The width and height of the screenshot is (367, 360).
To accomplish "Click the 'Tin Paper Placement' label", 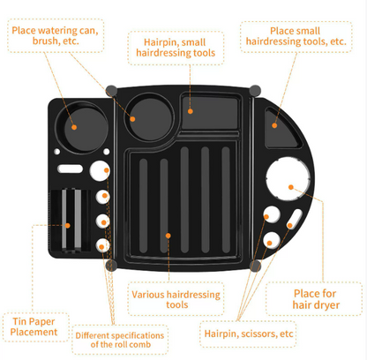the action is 34,326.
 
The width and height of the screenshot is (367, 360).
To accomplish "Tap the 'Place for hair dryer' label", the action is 316,299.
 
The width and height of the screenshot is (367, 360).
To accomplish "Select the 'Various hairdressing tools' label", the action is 176,299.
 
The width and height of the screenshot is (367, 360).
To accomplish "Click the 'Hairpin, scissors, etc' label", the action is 249,334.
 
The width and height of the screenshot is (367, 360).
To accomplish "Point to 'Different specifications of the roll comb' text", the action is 120,340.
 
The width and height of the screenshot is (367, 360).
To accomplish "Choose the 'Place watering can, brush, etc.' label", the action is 55,35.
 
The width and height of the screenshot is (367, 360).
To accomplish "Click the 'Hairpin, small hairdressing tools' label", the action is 176,48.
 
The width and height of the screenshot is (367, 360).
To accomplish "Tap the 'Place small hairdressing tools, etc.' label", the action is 296,36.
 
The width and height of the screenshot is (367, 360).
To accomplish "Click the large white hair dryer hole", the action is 288,178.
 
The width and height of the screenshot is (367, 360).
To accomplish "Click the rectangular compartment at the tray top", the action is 209,113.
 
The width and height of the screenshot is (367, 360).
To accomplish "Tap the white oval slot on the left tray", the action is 70,169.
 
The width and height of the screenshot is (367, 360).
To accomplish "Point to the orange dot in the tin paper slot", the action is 68,226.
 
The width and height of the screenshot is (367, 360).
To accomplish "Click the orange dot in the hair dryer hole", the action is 291,187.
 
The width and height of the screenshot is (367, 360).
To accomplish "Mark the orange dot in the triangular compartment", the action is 274,125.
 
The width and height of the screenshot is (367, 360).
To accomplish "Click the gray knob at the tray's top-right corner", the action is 255,91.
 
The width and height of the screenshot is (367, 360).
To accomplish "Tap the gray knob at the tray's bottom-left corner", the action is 111,265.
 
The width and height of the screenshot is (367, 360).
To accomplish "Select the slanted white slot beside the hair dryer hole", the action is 295,219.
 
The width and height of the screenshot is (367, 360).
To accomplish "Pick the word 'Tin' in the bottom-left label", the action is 19,321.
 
